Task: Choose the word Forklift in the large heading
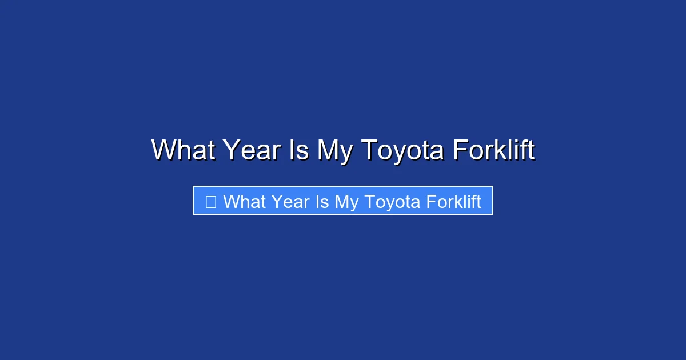click(x=493, y=150)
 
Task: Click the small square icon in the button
click(x=210, y=202)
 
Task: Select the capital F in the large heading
click(x=459, y=150)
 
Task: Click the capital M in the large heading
click(x=328, y=150)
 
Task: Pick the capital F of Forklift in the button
click(x=430, y=202)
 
